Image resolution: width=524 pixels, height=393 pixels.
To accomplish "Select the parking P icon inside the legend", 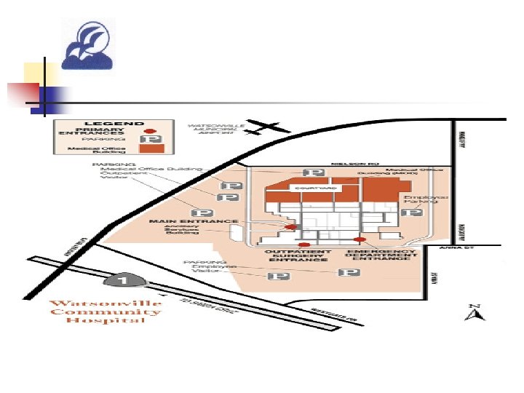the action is coord(154,139).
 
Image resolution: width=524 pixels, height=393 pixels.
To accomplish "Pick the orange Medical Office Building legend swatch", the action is coord(154,148).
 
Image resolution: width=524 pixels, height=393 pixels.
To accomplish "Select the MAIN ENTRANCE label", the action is coord(193,221).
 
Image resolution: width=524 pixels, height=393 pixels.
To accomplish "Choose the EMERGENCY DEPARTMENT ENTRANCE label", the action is coord(384,256).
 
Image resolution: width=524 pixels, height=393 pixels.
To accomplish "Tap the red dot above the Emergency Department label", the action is coord(358,239).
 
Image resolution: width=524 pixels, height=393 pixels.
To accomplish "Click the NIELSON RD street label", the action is coord(345,164).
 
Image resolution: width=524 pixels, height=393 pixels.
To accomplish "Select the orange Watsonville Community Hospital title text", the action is coord(106,313).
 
